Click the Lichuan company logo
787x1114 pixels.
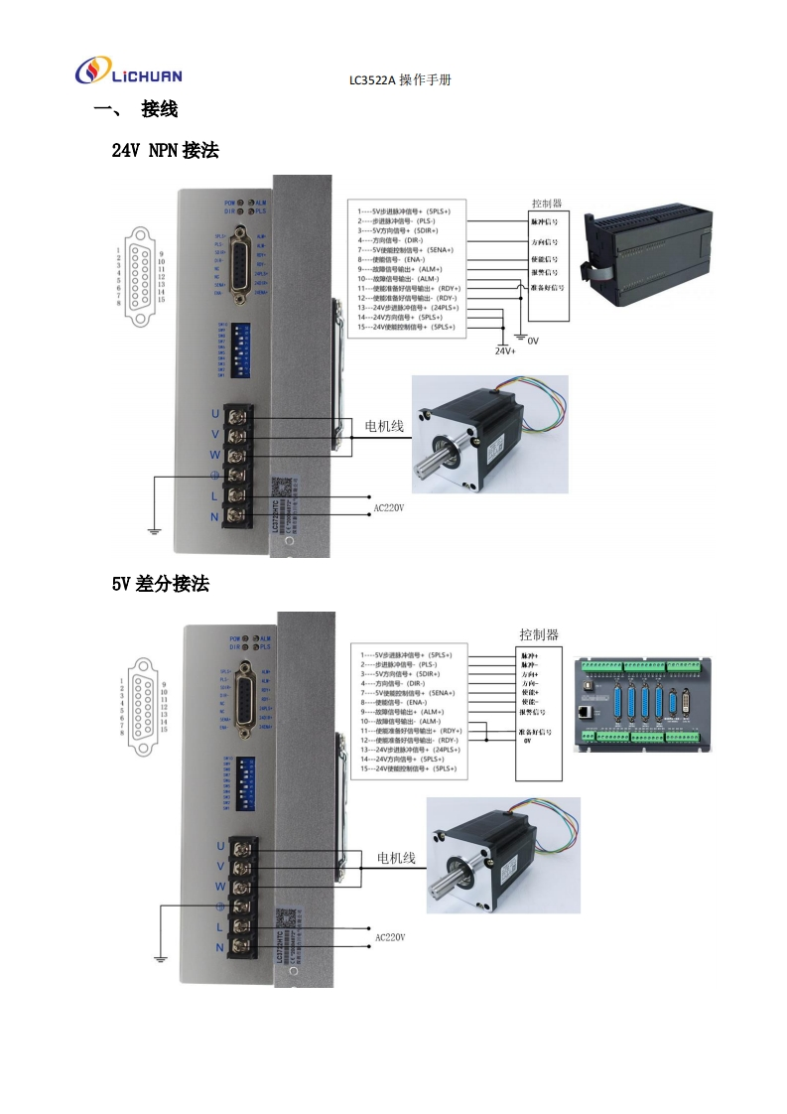pyautogui.click(x=129, y=72)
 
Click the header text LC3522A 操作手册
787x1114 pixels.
pyautogui.click(x=400, y=80)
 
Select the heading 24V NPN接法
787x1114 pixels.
pyautogui.click(x=165, y=151)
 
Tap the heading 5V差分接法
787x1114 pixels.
pyautogui.click(x=160, y=584)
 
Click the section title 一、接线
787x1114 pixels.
pyautogui.click(x=135, y=109)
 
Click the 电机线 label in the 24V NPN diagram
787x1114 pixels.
pyautogui.click(x=384, y=426)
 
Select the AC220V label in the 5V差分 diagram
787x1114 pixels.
pyautogui.click(x=390, y=936)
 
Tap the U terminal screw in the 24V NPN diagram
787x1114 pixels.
pyautogui.click(x=238, y=414)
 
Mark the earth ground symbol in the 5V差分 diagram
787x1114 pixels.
pyautogui.click(x=159, y=957)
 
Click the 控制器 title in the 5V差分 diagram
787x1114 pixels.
pyautogui.click(x=539, y=634)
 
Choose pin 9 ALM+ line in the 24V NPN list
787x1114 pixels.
pyautogui.click(x=400, y=269)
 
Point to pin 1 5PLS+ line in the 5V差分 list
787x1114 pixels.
pyautogui.click(x=405, y=655)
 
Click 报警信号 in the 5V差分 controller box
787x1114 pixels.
pyautogui.click(x=537, y=712)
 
